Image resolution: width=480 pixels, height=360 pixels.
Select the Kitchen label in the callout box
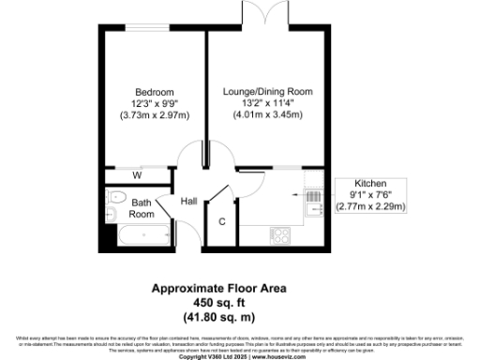(370, 184)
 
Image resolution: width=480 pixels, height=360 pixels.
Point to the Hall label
(187, 201)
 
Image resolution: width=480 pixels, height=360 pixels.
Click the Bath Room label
(142, 208)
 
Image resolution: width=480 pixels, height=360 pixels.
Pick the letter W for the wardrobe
(137, 174)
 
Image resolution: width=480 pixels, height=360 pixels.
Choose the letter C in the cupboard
(221, 222)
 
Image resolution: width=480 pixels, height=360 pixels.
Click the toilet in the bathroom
(116, 198)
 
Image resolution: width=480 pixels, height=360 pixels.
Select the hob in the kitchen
(279, 232)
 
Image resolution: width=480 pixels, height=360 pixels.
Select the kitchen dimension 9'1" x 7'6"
(370, 195)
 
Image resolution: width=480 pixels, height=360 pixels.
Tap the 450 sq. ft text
(221, 304)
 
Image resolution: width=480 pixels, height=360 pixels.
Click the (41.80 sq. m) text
(221, 316)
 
